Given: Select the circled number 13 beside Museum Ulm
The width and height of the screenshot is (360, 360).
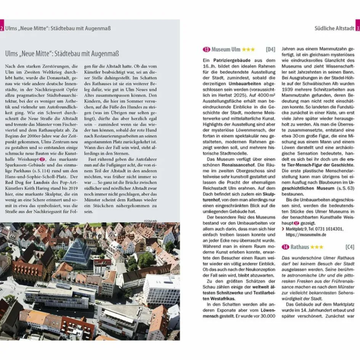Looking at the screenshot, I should coord(206,50).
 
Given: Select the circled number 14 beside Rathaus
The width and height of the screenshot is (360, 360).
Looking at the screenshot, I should coord(285,247).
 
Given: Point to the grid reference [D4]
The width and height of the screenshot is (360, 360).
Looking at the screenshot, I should coord(270,50).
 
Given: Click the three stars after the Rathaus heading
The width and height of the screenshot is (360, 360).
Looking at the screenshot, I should coord(317,247).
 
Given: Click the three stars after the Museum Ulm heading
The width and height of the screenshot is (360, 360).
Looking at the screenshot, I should coord(248,50).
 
